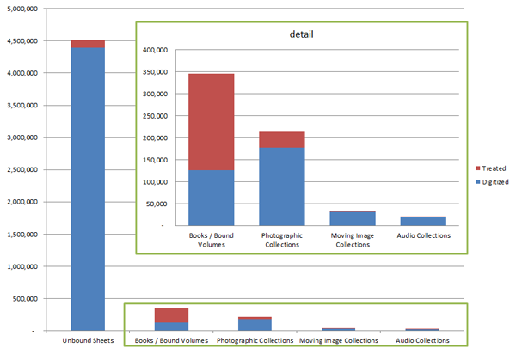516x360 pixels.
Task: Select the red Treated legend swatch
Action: pos(477,169)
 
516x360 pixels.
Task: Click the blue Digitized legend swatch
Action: pos(477,182)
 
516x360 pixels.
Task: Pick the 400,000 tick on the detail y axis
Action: pos(154,50)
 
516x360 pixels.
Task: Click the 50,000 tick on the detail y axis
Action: pos(157,204)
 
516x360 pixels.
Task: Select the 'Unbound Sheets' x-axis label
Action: pos(88,341)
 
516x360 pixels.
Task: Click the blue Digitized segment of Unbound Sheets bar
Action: pos(88,189)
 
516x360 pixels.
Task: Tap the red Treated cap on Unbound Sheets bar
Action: pos(88,44)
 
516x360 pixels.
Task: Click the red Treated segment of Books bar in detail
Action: pos(211,121)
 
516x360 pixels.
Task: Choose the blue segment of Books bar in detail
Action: pos(211,198)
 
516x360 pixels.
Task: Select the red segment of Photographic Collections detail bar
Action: pos(282,139)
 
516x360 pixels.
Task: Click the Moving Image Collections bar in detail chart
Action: pos(352,218)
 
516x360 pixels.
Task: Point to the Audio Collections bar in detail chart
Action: pos(422,221)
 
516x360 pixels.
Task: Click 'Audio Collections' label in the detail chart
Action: pos(422,235)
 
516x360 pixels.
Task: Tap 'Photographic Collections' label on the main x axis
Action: pos(255,341)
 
